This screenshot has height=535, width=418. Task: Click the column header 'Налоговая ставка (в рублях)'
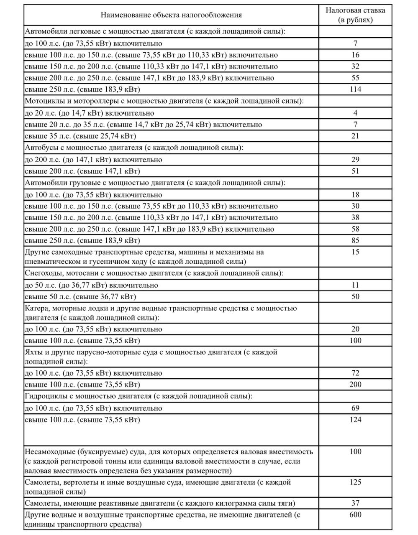coord(355,15)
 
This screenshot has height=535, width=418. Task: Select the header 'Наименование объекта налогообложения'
coord(171,15)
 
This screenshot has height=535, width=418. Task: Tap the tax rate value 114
coord(355,89)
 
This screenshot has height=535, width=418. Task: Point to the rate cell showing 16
coord(355,55)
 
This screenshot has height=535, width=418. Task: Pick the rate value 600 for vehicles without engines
coord(355,515)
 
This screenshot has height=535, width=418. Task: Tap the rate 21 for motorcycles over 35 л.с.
coord(355,136)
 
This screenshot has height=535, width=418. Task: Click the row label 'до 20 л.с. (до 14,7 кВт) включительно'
coord(89,113)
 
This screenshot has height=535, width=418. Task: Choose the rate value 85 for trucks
coord(355,240)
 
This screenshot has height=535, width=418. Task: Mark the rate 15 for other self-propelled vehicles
coord(355,252)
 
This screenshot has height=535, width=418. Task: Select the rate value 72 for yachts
coord(355,373)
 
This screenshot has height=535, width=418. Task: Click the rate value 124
coord(355,420)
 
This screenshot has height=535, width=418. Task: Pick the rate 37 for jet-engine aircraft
coord(355,503)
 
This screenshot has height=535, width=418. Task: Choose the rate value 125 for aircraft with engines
coord(355,482)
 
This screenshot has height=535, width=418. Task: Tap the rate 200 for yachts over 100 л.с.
coord(355,385)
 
